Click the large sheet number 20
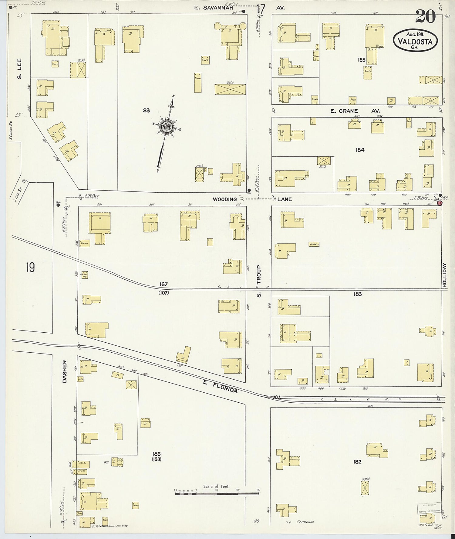pos(425,16)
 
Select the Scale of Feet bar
pos(217,493)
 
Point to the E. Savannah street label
pos(213,8)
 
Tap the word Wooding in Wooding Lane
pos(224,199)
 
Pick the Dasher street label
pos(64,371)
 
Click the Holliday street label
pos(445,275)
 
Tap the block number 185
pos(361,60)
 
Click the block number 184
pos(360,150)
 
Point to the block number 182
pos(357,462)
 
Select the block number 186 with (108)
pos(157,456)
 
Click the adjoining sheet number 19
pos(30,268)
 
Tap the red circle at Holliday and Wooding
pos(439,204)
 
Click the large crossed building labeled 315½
pos(230,89)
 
